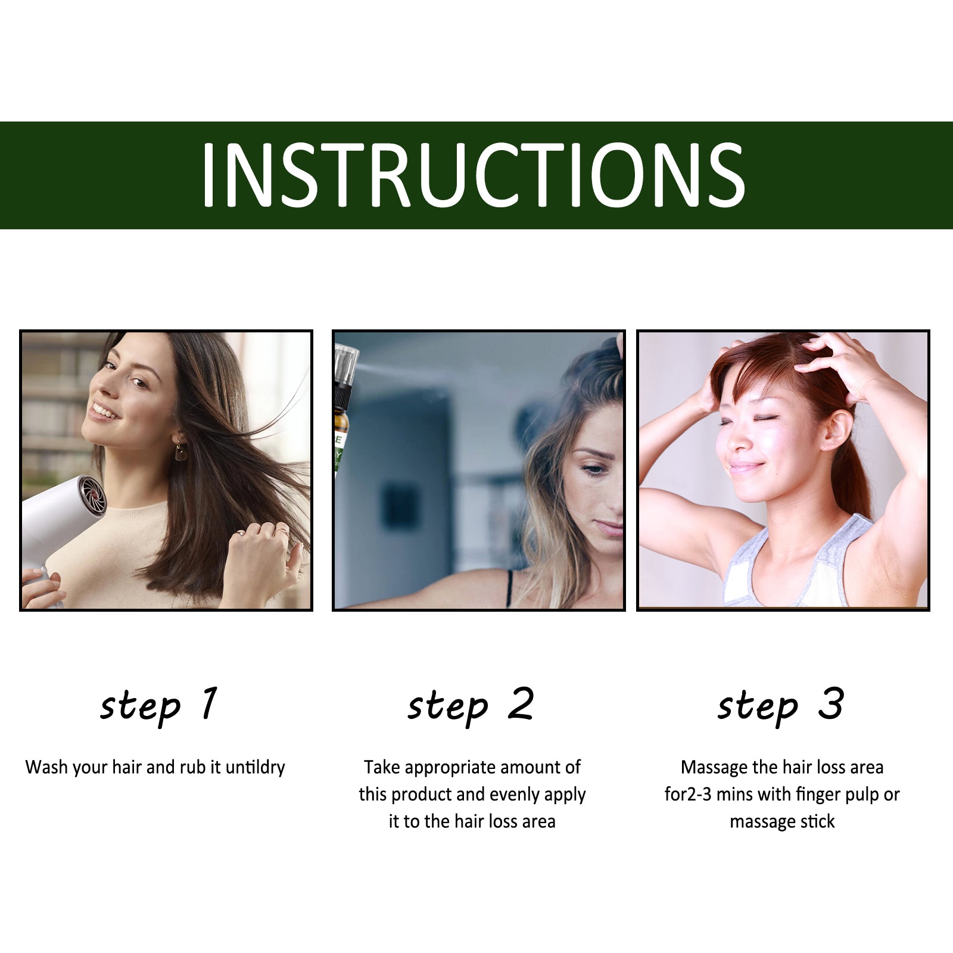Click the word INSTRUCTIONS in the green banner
coord(474,175)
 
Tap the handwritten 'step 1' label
coord(158,706)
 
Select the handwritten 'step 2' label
coord(471,706)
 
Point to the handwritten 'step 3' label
coord(781,706)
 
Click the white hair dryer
coord(60,524)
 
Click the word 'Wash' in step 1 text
coord(45,767)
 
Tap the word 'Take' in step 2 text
coord(381,767)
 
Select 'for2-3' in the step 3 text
coord(688,795)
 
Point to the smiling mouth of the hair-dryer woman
coord(104,412)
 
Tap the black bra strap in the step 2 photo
coord(509,588)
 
